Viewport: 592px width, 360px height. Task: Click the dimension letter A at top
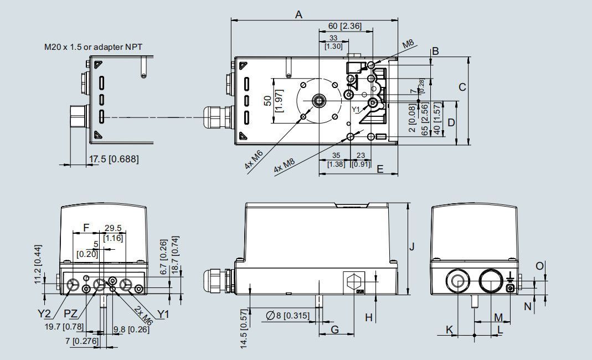299,15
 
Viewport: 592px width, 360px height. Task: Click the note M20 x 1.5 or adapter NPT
94,47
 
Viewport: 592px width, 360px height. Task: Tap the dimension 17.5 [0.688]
114,160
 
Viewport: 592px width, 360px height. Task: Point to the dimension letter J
411,247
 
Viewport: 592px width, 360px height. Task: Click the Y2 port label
45,314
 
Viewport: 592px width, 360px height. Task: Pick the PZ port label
70,314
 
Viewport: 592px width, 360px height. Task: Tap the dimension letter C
462,87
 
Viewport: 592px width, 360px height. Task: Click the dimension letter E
379,169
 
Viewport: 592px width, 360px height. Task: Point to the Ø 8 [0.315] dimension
287,316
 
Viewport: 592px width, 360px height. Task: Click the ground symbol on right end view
510,276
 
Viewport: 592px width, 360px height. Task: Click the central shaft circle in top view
320,101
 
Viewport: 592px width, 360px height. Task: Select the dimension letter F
85,227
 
